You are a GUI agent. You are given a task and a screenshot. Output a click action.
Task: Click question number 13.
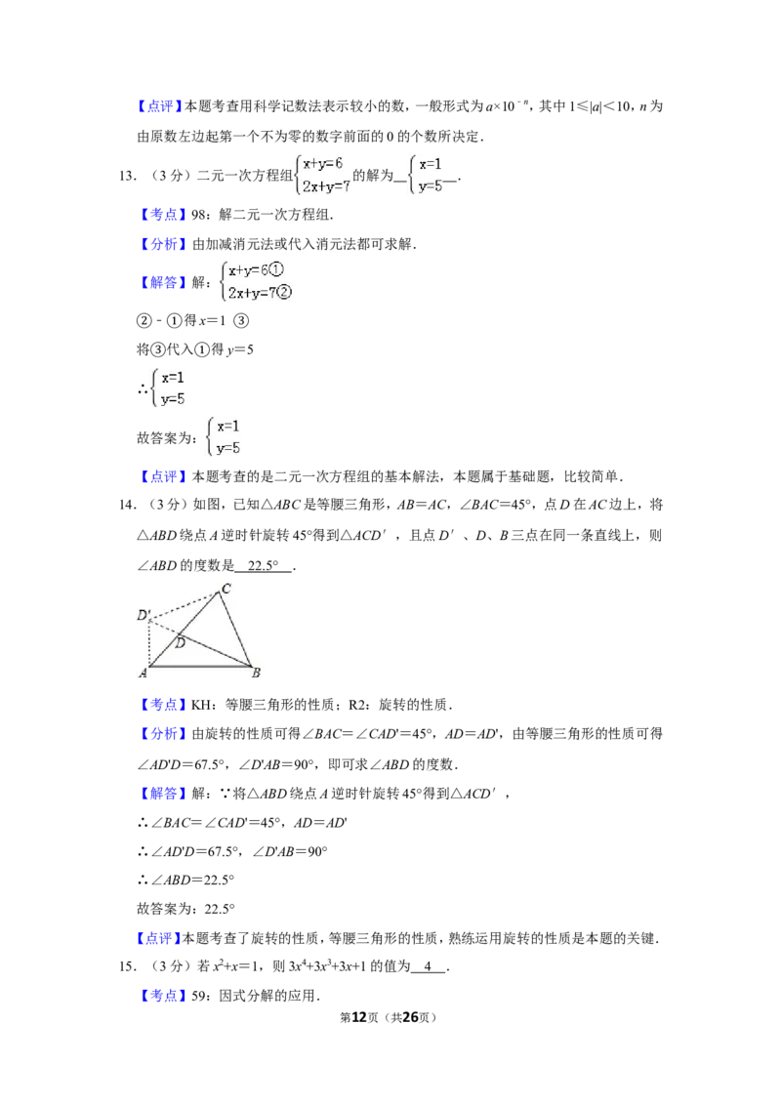(127, 176)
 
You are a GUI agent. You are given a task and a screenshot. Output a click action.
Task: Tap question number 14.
(127, 505)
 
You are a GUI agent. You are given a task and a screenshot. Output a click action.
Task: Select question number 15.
(127, 966)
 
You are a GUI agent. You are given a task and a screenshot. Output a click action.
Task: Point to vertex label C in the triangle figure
(226, 589)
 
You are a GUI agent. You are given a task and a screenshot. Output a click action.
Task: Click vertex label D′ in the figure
(144, 615)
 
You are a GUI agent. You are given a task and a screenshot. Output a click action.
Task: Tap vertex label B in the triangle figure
(256, 673)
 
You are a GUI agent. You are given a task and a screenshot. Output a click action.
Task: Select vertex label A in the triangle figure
(144, 673)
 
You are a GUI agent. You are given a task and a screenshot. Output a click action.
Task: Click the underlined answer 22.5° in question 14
(263, 565)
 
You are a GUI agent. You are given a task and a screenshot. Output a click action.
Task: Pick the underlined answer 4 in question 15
(428, 966)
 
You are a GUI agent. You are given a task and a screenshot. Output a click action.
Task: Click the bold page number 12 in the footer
(359, 1017)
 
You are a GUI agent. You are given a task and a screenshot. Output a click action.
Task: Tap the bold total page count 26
(409, 1017)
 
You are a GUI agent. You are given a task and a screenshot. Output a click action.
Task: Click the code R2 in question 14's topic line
(356, 704)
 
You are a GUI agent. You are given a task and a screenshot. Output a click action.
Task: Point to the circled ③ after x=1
(241, 320)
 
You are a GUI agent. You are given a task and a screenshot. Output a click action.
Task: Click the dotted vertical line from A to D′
(149, 642)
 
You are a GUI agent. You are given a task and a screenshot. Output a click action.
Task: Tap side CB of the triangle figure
(235, 629)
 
